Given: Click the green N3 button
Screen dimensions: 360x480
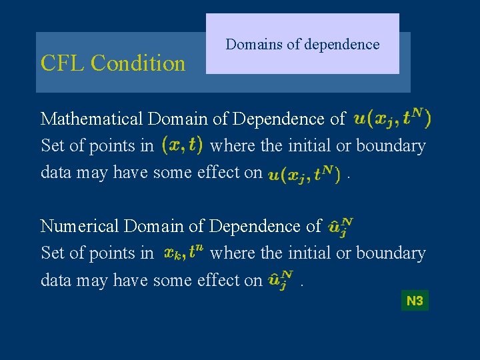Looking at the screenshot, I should coord(415,301).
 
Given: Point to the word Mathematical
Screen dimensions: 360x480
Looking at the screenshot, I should coord(92,119).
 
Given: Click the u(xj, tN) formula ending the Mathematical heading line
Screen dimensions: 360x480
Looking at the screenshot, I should coord(392,119).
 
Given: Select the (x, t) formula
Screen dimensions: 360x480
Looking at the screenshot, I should coord(182,145).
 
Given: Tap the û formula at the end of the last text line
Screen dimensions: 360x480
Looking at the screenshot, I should coord(280,280).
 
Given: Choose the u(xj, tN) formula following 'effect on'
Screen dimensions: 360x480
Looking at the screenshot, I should coord(305,174).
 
